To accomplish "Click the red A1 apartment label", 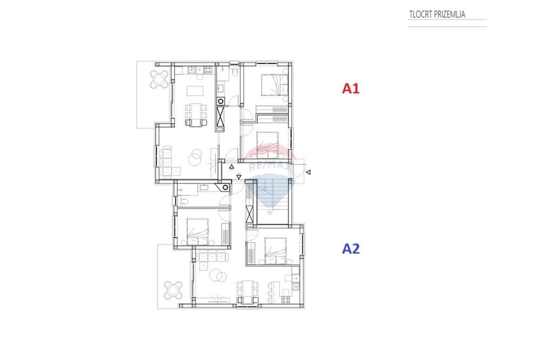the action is click(350, 89).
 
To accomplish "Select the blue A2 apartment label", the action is click(350, 248).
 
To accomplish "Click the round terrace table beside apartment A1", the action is click(159, 79).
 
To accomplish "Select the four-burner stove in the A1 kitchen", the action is click(208, 70).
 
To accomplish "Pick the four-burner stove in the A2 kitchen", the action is click(286, 300).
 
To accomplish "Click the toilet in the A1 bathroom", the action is click(234, 73).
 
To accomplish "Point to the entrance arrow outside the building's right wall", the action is click(308, 172).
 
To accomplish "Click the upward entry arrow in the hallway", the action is click(232, 167).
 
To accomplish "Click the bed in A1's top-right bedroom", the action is click(274, 85).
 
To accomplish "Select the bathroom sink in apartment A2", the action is click(204, 187).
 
